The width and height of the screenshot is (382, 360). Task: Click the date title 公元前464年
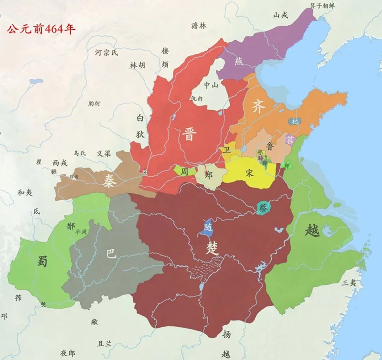(x=41, y=27)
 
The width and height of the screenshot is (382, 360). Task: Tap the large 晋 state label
(x=189, y=134)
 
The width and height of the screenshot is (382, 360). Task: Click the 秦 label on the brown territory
(x=109, y=180)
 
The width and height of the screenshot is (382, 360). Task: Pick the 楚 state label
(x=211, y=247)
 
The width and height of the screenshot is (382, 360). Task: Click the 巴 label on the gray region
(x=111, y=254)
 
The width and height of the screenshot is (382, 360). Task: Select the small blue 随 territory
(x=208, y=229)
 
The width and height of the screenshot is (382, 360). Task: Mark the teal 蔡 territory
(x=263, y=208)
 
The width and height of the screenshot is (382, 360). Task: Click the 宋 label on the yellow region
(x=249, y=173)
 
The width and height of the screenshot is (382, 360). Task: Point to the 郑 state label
(x=208, y=174)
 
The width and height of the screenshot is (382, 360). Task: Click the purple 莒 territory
(x=290, y=139)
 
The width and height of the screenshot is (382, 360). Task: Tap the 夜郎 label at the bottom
(x=67, y=353)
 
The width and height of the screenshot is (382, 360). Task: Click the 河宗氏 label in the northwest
(x=106, y=53)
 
